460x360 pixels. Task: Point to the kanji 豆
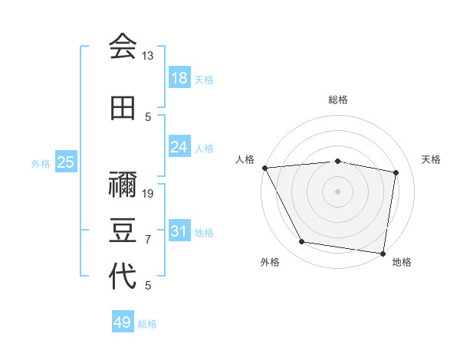[123, 230]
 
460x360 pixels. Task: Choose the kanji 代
[123, 276]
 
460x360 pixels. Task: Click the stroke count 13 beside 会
[148, 56]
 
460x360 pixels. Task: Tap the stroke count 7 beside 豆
[148, 240]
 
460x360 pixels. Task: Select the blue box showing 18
[179, 77]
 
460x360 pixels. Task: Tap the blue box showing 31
[179, 231]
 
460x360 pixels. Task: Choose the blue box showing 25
[66, 162]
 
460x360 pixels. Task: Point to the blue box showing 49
[123, 322]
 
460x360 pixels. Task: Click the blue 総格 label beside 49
[148, 324]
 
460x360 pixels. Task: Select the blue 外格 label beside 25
[41, 163]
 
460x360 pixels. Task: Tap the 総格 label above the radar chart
[337, 100]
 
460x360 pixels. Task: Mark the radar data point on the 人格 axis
[264, 167]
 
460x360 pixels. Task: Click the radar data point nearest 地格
[383, 253]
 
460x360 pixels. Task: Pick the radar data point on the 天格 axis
[396, 172]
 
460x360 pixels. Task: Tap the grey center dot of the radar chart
[337, 191]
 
